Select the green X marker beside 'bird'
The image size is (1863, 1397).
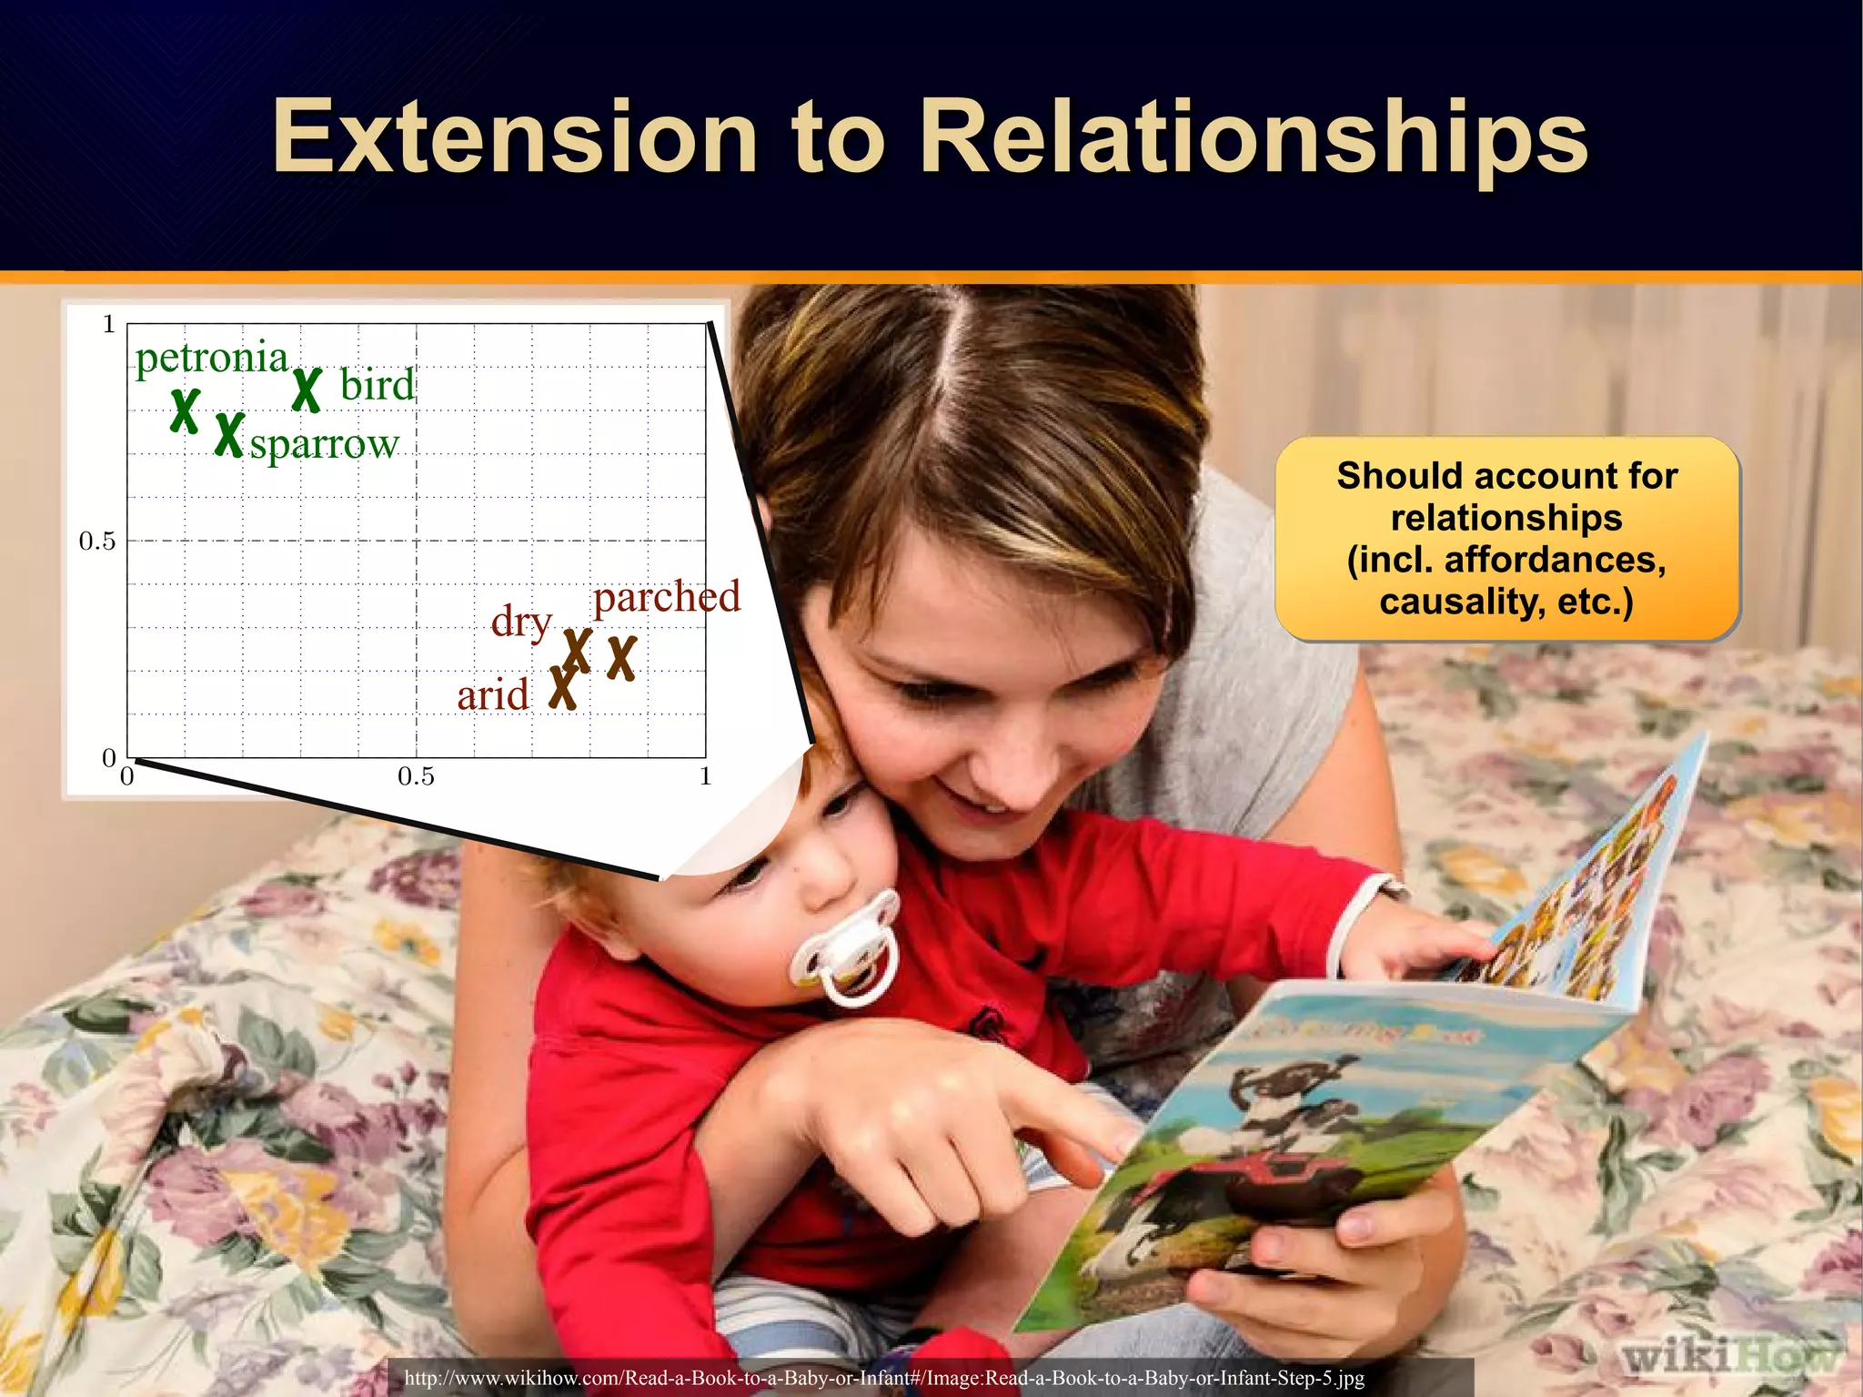pyautogui.click(x=307, y=390)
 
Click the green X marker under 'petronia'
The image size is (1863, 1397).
pyautogui.click(x=186, y=410)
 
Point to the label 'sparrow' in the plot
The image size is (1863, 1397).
pyautogui.click(x=325, y=445)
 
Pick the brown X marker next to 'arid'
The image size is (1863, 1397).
pyautogui.click(x=563, y=687)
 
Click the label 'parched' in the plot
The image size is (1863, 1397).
pyautogui.click(x=667, y=598)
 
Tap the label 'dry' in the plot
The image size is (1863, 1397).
pyautogui.click(x=521, y=622)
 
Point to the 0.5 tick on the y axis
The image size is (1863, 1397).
pyautogui.click(x=97, y=542)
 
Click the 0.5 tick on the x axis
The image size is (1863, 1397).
pyautogui.click(x=416, y=777)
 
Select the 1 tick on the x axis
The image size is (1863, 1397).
pyautogui.click(x=705, y=777)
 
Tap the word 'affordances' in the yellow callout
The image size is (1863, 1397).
pyautogui.click(x=1555, y=559)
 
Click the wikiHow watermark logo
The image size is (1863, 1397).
pyautogui.click(x=1728, y=1357)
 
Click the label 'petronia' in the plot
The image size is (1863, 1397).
pyautogui.click(x=212, y=358)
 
